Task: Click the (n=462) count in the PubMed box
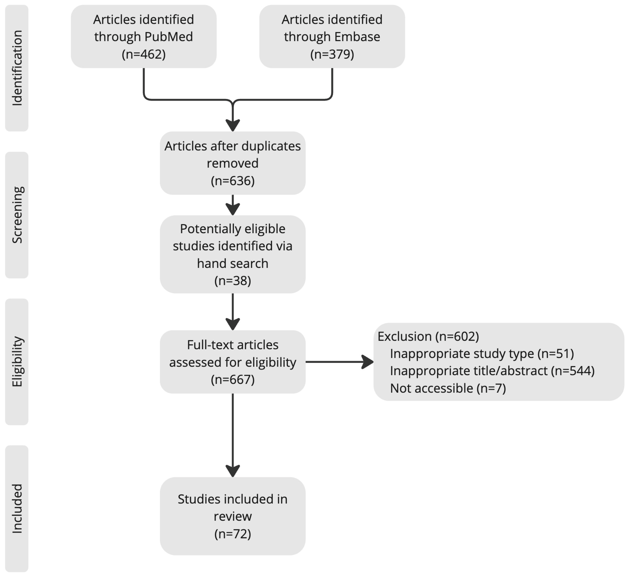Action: pos(143,54)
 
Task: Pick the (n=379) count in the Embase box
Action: pos(332,54)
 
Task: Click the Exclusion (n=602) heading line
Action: pos(428,336)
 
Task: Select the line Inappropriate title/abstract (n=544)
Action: pos(492,371)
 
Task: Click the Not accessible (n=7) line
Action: pos(448,388)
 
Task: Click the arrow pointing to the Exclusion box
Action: pos(340,362)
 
